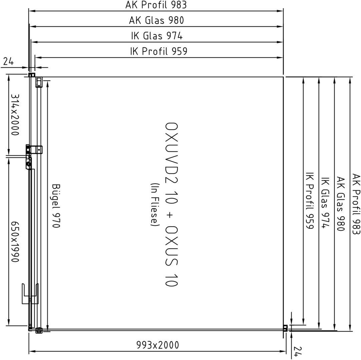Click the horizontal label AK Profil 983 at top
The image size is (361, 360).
click(156, 5)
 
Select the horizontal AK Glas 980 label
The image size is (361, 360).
click(156, 20)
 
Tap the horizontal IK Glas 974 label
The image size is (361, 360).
click(157, 36)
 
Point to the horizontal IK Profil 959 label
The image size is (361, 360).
click(158, 51)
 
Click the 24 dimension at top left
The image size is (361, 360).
click(9, 61)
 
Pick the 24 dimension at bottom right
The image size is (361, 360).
click(298, 351)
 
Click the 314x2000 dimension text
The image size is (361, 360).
click(15, 115)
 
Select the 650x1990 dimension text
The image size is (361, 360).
click(15, 242)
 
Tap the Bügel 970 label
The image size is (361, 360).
click(56, 206)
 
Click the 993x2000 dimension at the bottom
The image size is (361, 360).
click(157, 345)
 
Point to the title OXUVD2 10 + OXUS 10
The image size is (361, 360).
click(171, 204)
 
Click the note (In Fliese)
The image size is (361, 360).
click(154, 204)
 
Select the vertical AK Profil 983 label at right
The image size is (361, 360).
click(356, 204)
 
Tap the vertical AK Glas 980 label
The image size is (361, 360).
click(341, 204)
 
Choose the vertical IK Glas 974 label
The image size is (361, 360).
click(325, 203)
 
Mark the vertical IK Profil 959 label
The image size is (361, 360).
click(310, 201)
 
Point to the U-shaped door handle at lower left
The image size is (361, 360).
click(30, 294)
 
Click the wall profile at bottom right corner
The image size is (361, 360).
click(285, 328)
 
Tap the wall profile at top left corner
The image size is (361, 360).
click(32, 75)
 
